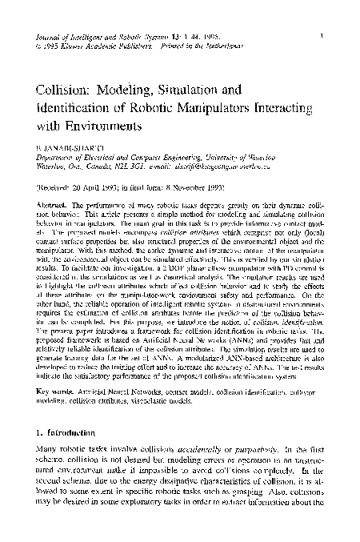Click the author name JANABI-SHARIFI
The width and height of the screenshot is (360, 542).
[77, 149]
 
